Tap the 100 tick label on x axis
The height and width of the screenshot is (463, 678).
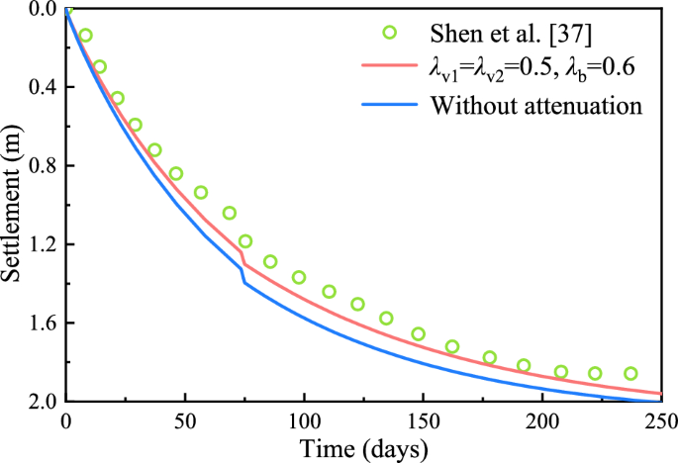[x=304, y=419]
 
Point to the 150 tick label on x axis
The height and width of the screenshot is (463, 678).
[x=424, y=419]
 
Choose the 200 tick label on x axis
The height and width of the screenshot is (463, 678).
[x=542, y=419]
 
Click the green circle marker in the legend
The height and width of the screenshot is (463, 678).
[x=389, y=33]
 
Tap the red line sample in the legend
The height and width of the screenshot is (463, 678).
[x=389, y=68]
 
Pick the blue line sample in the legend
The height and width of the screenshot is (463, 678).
[x=389, y=104]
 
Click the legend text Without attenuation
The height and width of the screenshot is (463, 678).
[x=535, y=104]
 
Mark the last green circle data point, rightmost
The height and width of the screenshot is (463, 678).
[x=630, y=373]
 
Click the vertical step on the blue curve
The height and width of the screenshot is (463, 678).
[x=242, y=275]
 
